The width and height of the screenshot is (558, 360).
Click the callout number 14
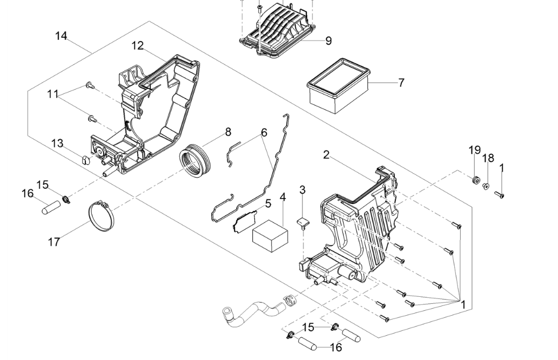click(x=61, y=36)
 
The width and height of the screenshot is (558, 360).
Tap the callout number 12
click(x=138, y=46)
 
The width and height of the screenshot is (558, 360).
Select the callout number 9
click(x=328, y=40)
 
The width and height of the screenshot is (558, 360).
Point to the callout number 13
click(x=57, y=143)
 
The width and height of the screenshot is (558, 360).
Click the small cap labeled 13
click(x=85, y=160)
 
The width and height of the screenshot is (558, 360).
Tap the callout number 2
click(x=326, y=155)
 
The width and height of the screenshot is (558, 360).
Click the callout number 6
click(x=264, y=132)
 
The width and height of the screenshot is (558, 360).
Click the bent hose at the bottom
click(x=254, y=311)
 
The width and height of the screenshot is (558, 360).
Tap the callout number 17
click(x=54, y=242)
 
